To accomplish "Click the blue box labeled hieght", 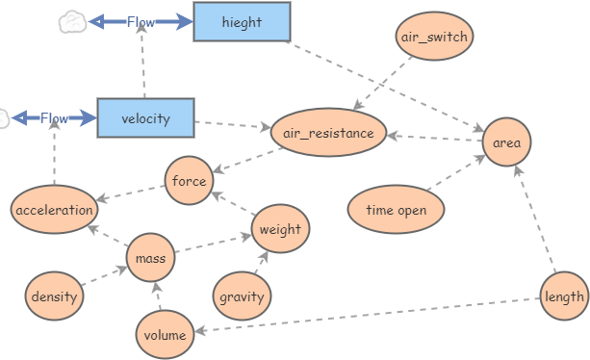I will click(241, 22).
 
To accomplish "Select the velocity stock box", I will click(145, 118).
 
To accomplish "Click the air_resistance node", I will click(329, 133).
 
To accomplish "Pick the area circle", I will click(506, 142).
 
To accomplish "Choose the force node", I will click(189, 181).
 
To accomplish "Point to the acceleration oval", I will click(55, 210).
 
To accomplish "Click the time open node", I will click(396, 210).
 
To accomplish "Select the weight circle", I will click(280, 229).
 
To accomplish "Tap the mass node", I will click(150, 258).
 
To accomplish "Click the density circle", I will click(54, 296).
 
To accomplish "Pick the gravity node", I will click(241, 296).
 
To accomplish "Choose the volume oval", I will click(165, 334).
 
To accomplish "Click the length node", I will click(563, 296).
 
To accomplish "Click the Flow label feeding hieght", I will click(141, 22).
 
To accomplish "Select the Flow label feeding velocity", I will click(54, 118).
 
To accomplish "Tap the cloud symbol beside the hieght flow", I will click(71, 22).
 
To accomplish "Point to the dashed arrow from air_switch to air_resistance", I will click(385, 84).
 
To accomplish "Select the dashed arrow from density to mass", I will click(103, 276).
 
